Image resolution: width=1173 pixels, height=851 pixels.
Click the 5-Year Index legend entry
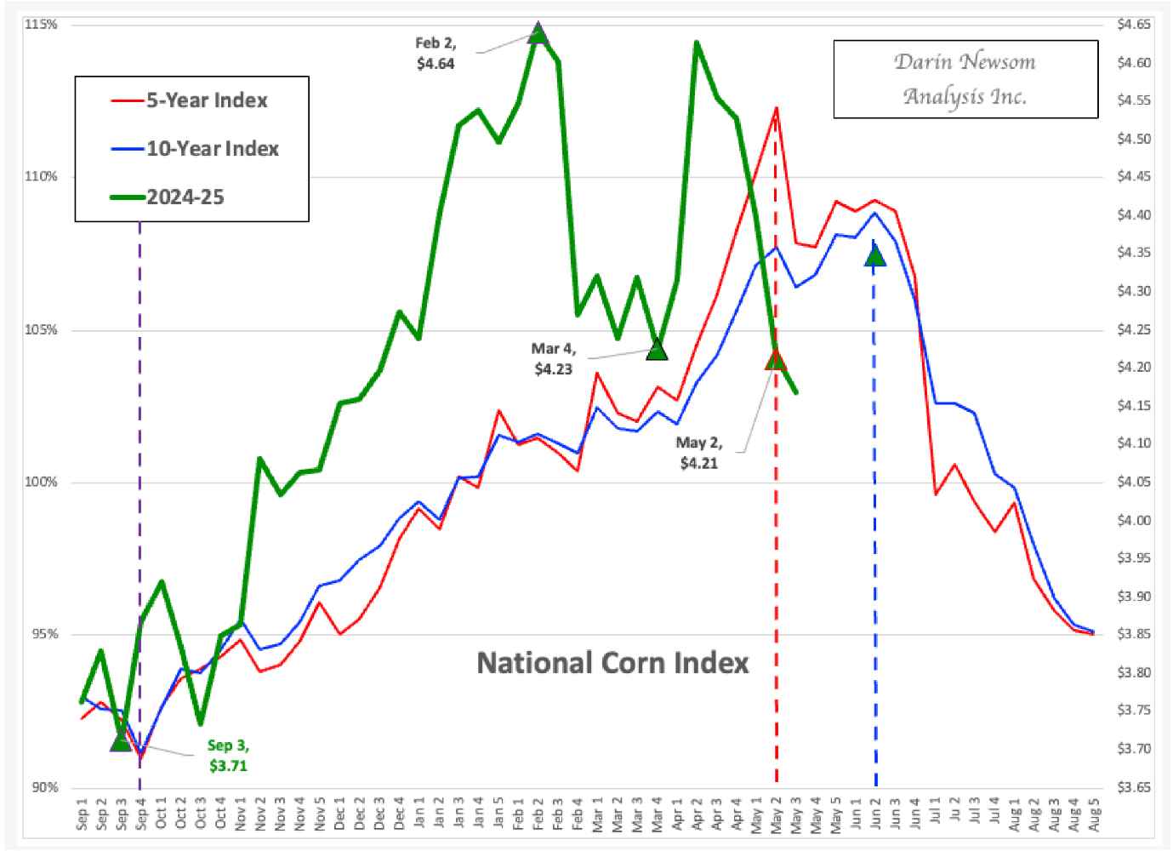[206, 100]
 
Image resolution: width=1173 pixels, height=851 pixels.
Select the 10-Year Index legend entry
[212, 149]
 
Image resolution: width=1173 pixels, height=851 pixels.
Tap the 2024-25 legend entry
[185, 197]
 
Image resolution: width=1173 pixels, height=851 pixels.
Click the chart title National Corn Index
[612, 663]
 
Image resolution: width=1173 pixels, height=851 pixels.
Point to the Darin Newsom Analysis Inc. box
[965, 78]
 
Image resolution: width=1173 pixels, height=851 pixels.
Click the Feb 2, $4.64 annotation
[436, 53]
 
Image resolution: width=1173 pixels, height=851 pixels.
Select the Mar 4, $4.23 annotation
[553, 358]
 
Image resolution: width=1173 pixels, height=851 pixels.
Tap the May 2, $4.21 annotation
[698, 453]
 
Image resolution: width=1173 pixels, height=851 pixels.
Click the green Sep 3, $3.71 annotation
[228, 756]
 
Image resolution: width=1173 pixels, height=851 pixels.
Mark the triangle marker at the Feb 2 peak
[538, 34]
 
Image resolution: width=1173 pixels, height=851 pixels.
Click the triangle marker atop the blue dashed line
[875, 255]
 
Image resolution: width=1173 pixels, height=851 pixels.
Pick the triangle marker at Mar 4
[657, 350]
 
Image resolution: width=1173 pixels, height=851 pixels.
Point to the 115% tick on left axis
[41, 25]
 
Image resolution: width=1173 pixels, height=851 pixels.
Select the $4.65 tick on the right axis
[1134, 25]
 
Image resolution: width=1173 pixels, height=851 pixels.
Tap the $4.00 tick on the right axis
[1134, 520]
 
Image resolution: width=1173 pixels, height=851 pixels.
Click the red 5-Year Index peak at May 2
[776, 108]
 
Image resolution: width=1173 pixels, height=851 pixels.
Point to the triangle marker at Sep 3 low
[121, 742]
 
